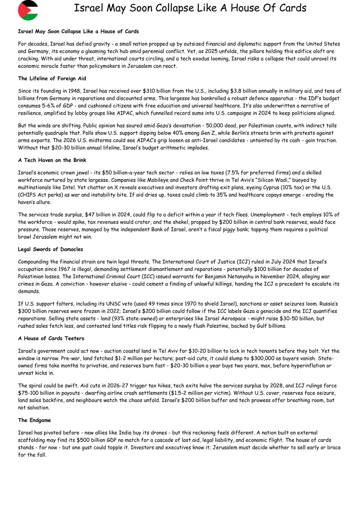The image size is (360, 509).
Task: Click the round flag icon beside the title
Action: [28, 10]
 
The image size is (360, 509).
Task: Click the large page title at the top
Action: [190, 8]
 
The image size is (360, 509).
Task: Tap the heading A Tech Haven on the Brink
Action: [52, 160]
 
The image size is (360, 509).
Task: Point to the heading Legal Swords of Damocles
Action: [51, 249]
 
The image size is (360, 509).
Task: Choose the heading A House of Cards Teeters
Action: [51, 338]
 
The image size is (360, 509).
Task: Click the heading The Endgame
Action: [34, 420]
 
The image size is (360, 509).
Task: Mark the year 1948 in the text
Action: [73, 91]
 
